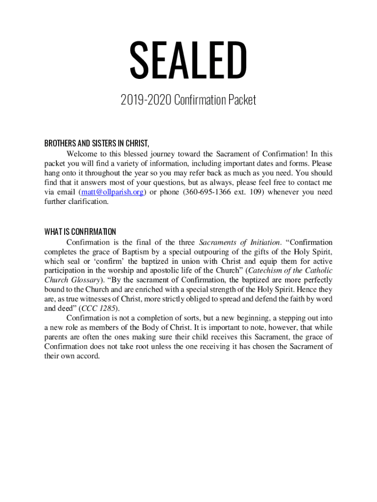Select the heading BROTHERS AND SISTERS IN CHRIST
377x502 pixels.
96,144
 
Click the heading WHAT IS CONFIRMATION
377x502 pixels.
80,231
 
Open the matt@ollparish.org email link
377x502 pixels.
112,192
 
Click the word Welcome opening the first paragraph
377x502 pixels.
81,154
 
